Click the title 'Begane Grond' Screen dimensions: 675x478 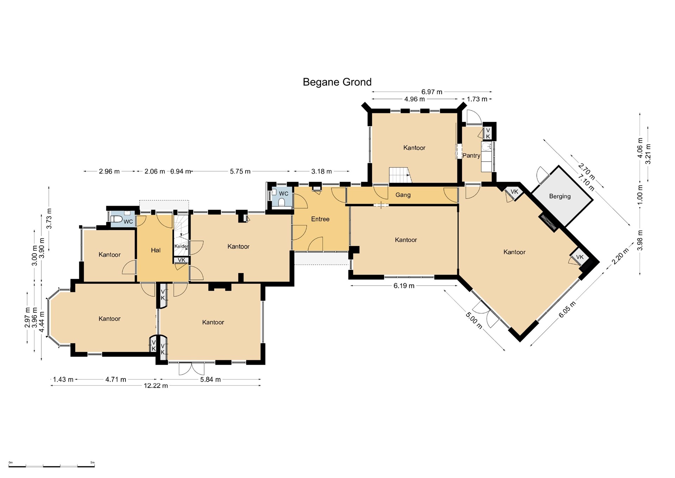[337, 82]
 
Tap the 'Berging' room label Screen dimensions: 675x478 [560, 196]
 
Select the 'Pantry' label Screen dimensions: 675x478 [471, 156]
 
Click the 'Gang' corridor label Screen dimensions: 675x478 [403, 195]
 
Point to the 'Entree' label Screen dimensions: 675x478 [320, 219]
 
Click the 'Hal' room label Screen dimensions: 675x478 [156, 250]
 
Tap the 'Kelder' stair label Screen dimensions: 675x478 [181, 246]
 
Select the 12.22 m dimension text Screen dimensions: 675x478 [156, 385]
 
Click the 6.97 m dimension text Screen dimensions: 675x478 [432, 92]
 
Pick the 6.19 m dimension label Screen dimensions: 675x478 [404, 286]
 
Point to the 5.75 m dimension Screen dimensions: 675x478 [240, 171]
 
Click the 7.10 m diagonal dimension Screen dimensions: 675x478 [586, 183]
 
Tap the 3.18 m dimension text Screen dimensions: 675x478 [321, 171]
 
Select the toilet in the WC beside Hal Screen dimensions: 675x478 [116, 219]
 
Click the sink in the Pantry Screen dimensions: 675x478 [486, 146]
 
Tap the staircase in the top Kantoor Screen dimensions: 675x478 [400, 175]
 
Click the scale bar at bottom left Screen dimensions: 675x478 [52, 466]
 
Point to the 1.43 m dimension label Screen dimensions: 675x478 [63, 379]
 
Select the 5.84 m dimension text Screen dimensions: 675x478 [211, 379]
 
